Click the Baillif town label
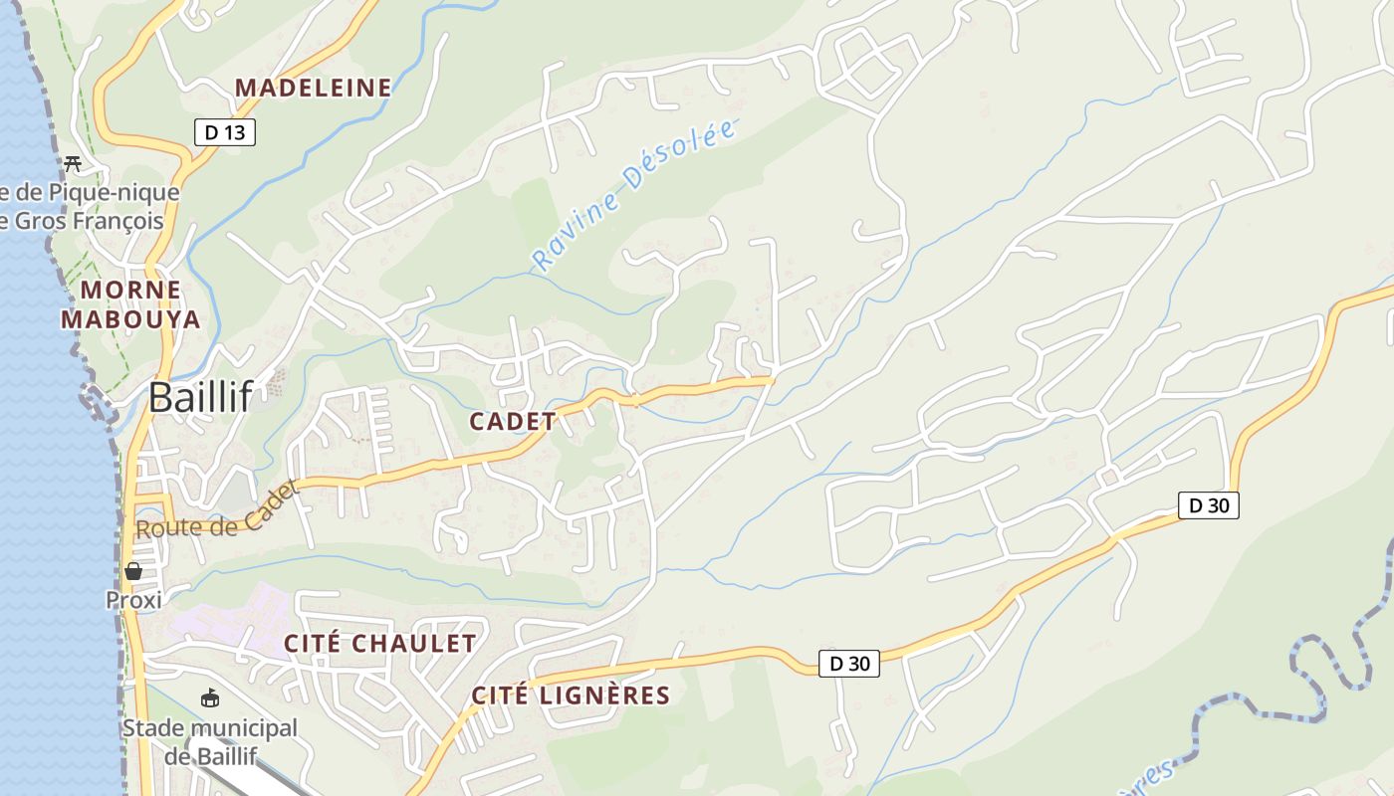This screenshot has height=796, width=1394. click(x=200, y=397)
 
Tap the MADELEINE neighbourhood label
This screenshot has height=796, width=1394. click(x=314, y=88)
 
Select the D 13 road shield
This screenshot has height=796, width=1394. click(x=225, y=132)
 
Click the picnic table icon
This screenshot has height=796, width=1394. click(x=72, y=164)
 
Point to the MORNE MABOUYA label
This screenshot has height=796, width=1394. click(x=130, y=304)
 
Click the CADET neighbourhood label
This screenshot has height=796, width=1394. click(x=513, y=421)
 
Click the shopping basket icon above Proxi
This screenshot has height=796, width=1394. click(x=133, y=571)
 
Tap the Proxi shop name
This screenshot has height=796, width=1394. click(x=133, y=600)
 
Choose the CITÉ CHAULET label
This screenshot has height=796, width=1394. click(x=380, y=644)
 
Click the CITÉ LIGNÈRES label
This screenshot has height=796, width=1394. click(x=571, y=695)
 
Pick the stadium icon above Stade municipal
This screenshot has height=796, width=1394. click(x=210, y=698)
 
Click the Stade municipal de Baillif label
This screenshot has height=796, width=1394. click(x=210, y=741)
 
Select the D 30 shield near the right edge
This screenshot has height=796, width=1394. click(x=1209, y=505)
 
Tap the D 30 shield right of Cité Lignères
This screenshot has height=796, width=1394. click(x=849, y=664)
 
